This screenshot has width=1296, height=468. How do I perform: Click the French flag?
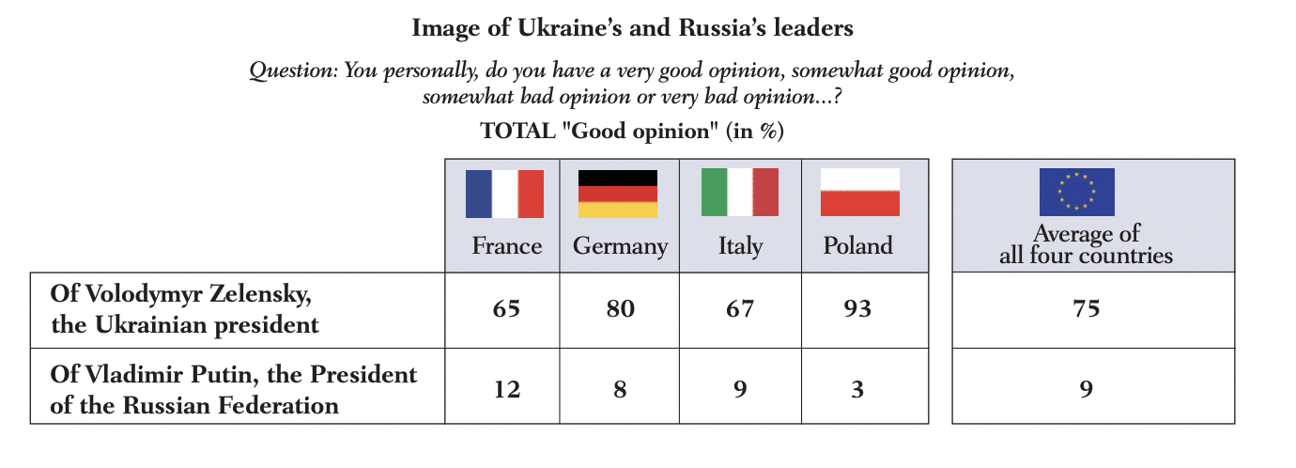pos(505,194)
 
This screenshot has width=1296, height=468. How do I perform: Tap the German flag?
pos(617,194)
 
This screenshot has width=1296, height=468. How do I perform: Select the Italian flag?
pos(740,194)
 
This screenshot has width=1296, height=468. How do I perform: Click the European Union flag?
pos(1076,193)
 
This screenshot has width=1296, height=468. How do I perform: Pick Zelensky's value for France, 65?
pos(506,308)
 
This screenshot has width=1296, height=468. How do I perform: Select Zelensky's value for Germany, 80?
pos(619,308)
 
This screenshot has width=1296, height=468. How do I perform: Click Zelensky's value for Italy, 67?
pos(740,308)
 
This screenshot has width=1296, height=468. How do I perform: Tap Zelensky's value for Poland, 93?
pos(857,308)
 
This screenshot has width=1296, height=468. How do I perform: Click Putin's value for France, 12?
pos(506,388)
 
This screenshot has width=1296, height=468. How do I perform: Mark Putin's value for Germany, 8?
pos(619,388)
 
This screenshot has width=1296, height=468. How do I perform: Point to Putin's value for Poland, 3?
pos(857,388)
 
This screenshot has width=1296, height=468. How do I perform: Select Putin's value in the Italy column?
pos(740,388)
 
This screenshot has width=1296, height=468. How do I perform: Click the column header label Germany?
pos(620,247)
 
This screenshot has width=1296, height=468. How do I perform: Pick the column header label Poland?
pos(857,246)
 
